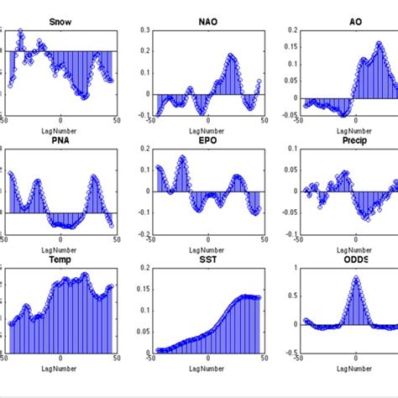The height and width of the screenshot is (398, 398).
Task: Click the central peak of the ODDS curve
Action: [x=355, y=278]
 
